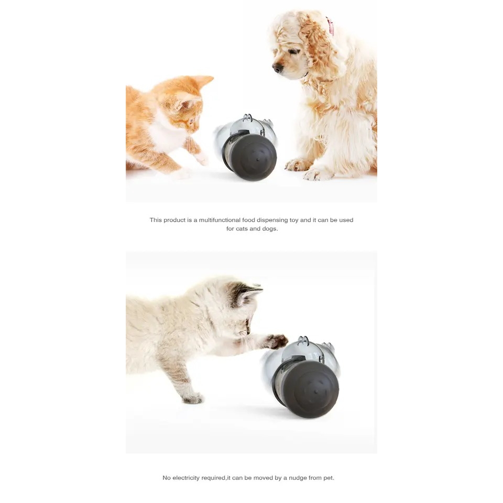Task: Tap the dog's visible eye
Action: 293,51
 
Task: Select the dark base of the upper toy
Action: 251,157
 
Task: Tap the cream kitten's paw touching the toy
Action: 277,341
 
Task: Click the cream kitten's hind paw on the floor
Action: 192,399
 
